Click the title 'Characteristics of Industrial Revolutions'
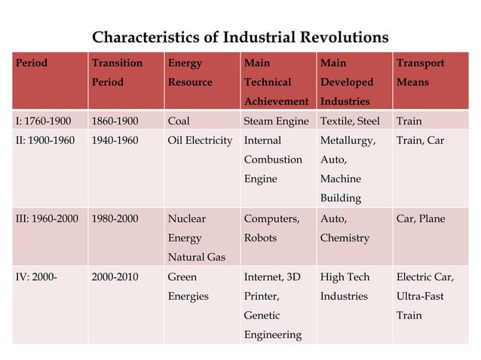(240, 37)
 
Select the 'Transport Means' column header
(420, 72)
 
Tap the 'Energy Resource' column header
(189, 72)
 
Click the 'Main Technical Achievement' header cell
(276, 82)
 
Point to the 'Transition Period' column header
(116, 72)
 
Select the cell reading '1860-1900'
(115, 121)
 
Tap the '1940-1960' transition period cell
(115, 140)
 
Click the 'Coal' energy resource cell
(179, 121)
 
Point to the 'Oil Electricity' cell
(200, 140)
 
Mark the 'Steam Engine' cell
(276, 121)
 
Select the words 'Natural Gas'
(196, 258)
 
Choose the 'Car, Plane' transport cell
(420, 219)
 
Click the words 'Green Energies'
(188, 286)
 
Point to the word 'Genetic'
(262, 316)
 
